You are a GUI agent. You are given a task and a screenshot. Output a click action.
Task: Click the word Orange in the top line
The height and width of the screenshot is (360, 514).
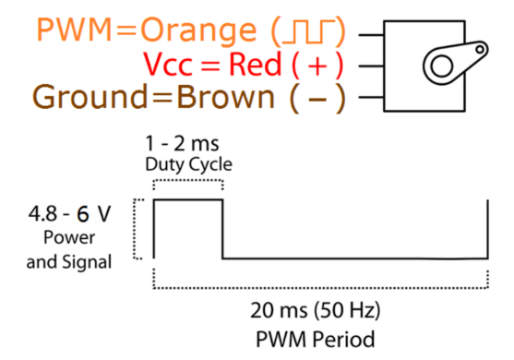coord(198,31)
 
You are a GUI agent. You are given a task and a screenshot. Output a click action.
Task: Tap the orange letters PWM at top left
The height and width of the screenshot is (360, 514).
coord(74,30)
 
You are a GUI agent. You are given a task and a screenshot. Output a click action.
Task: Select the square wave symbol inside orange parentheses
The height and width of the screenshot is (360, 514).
coord(309,31)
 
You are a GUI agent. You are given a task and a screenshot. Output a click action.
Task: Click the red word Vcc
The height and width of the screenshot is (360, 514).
coord(168,64)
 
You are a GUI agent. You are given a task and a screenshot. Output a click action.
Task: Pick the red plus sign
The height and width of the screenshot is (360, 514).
coord(317,66)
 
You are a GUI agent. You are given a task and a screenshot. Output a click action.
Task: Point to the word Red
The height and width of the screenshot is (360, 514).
coord(255,64)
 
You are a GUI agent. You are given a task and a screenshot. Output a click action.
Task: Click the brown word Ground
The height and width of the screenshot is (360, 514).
coord(90,97)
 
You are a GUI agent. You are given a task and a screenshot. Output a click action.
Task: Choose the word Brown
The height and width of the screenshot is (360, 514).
coord(225,97)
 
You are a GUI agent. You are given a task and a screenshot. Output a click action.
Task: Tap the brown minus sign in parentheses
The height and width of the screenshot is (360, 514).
coord(317,99)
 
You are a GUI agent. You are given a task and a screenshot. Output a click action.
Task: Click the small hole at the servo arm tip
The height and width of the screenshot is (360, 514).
coord(480,50)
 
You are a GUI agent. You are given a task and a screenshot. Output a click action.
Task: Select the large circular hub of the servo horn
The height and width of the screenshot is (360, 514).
coord(441,66)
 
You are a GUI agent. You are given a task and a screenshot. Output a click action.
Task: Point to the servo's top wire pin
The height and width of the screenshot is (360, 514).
coord(371,35)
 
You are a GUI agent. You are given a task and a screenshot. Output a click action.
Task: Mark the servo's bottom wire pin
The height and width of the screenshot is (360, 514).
coord(371,97)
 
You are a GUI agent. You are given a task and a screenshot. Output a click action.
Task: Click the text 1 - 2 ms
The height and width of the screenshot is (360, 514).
coord(183,144)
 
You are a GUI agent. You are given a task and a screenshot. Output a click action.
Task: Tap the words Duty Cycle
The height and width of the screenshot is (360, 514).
coord(189,164)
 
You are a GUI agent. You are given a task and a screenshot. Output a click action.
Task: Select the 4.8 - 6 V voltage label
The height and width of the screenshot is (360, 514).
coord(69,214)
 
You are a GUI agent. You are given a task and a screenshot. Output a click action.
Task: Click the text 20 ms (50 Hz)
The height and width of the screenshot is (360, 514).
coord(316,310)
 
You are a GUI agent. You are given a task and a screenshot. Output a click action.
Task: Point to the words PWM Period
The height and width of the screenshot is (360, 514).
coord(316,339)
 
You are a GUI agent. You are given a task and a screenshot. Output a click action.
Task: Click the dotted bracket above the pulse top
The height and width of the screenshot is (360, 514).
coord(188,180)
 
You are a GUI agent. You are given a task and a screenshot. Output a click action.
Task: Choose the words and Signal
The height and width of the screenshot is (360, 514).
coord(69,262)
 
